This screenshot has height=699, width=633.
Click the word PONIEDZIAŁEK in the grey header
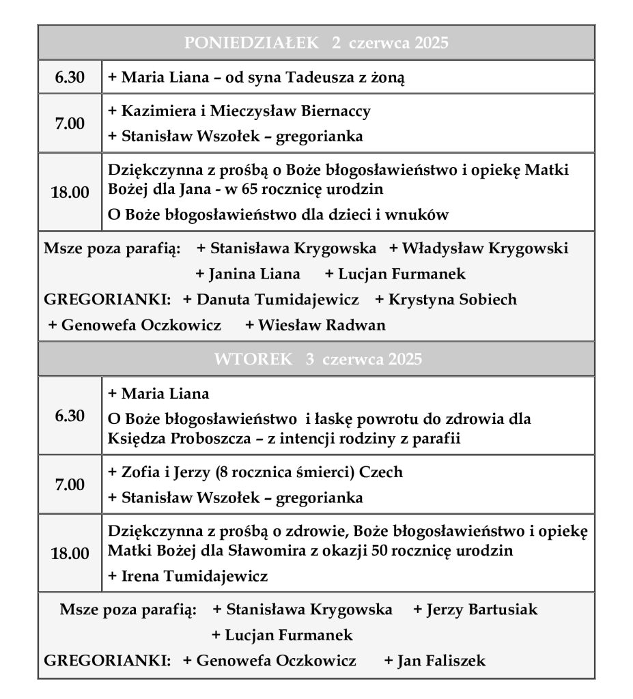251,43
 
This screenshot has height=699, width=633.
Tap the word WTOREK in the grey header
253,359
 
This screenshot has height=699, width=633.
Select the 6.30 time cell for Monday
70,78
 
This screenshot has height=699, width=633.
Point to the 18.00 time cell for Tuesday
70,554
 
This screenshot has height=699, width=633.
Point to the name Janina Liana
253,274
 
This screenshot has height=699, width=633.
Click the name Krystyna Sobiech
451,300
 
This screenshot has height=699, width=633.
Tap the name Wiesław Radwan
321,326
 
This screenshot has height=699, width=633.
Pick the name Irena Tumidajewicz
194,576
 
